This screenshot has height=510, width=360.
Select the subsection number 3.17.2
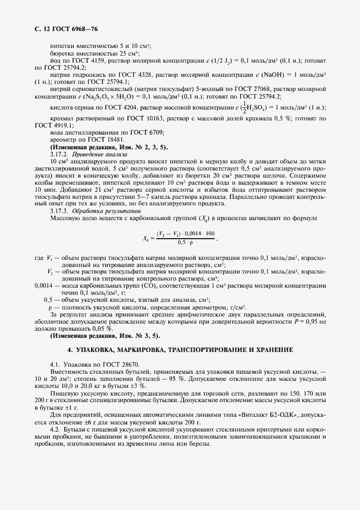tap(59, 155)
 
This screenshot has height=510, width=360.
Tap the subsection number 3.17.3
tap(59, 210)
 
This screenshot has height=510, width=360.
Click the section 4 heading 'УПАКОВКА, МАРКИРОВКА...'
tap(180, 349)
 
